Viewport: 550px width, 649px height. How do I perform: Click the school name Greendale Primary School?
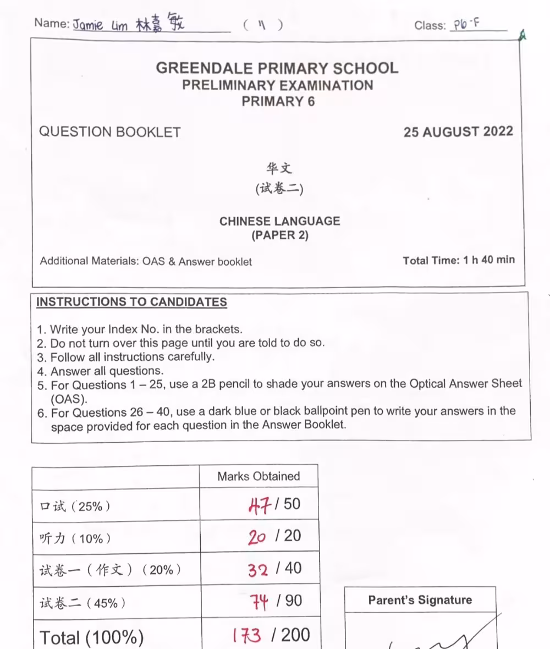277,68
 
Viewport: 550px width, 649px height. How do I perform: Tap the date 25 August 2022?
458,132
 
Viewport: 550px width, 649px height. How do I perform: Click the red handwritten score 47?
260,504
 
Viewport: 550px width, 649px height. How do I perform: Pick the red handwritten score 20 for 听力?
257,536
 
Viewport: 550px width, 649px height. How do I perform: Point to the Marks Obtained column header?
258,476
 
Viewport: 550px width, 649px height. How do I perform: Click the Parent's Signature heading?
420,600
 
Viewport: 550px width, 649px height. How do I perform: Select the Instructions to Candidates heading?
131,302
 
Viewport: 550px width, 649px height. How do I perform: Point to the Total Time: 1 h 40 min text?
459,260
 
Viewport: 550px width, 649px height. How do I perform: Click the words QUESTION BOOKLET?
110,132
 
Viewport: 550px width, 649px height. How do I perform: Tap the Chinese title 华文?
279,168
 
